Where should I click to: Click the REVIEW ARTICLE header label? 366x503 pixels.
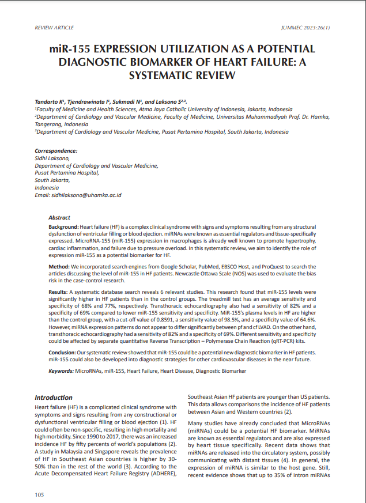point(54,28)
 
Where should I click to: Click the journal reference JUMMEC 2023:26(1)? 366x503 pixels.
point(305,28)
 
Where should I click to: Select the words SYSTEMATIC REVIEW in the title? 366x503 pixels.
point(183,75)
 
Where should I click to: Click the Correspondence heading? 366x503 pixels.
point(56,151)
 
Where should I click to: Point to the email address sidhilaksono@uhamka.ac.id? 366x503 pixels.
point(84,195)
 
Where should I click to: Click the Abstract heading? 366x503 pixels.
point(59,218)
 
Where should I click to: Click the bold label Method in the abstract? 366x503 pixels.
point(58,266)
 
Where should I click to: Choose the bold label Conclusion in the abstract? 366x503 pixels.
point(62,351)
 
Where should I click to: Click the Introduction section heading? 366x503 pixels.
point(54,398)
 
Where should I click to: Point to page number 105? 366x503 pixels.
point(40,494)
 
